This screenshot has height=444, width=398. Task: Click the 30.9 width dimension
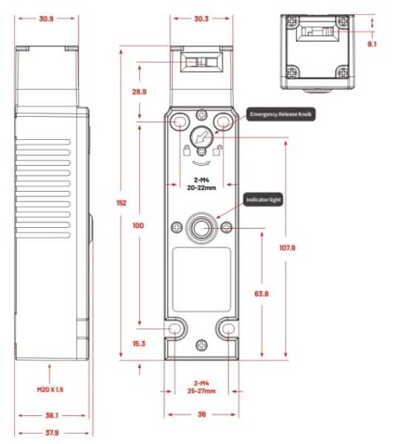pyautogui.click(x=46, y=18)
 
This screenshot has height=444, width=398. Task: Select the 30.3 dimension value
pyautogui.click(x=201, y=18)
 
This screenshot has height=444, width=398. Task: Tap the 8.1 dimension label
pyautogui.click(x=372, y=44)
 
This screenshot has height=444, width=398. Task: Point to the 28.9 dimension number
pyautogui.click(x=139, y=92)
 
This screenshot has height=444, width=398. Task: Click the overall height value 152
pyautogui.click(x=121, y=203)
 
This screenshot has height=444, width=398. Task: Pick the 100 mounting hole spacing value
pyautogui.click(x=138, y=226)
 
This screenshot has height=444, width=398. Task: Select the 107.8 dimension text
pyautogui.click(x=287, y=248)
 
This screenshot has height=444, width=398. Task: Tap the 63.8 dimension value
pyautogui.click(x=261, y=294)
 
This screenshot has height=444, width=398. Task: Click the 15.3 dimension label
pyautogui.click(x=138, y=343)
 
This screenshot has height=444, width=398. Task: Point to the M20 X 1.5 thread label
pyautogui.click(x=50, y=390)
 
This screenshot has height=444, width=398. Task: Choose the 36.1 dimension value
pyautogui.click(x=52, y=415)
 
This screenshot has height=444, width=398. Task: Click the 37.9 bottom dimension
pyautogui.click(x=52, y=433)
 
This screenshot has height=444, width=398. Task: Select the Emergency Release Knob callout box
pyautogui.click(x=280, y=115)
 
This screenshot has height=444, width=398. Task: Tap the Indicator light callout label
pyautogui.click(x=263, y=200)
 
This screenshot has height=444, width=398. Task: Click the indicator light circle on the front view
pyautogui.click(x=201, y=228)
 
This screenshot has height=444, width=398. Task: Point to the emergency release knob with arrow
pyautogui.click(x=201, y=137)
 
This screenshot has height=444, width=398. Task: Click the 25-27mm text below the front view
pyautogui.click(x=201, y=391)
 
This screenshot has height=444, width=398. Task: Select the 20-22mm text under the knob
pyautogui.click(x=201, y=187)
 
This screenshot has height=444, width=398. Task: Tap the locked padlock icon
pyautogui.click(x=186, y=150)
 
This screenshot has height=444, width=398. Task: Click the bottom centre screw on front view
pyautogui.click(x=201, y=345)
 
